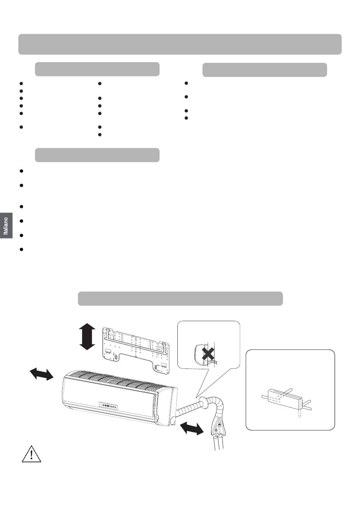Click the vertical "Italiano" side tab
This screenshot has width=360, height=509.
pos(6,225)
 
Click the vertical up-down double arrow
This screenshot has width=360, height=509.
pos(87,337)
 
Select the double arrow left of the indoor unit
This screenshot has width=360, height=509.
pos(42,374)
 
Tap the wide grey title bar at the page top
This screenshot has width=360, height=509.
pos(180,44)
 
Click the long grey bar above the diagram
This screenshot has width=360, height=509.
pos(180,298)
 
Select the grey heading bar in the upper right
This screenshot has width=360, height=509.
pos(265,70)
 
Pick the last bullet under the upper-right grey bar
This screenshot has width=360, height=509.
pos(186,118)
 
